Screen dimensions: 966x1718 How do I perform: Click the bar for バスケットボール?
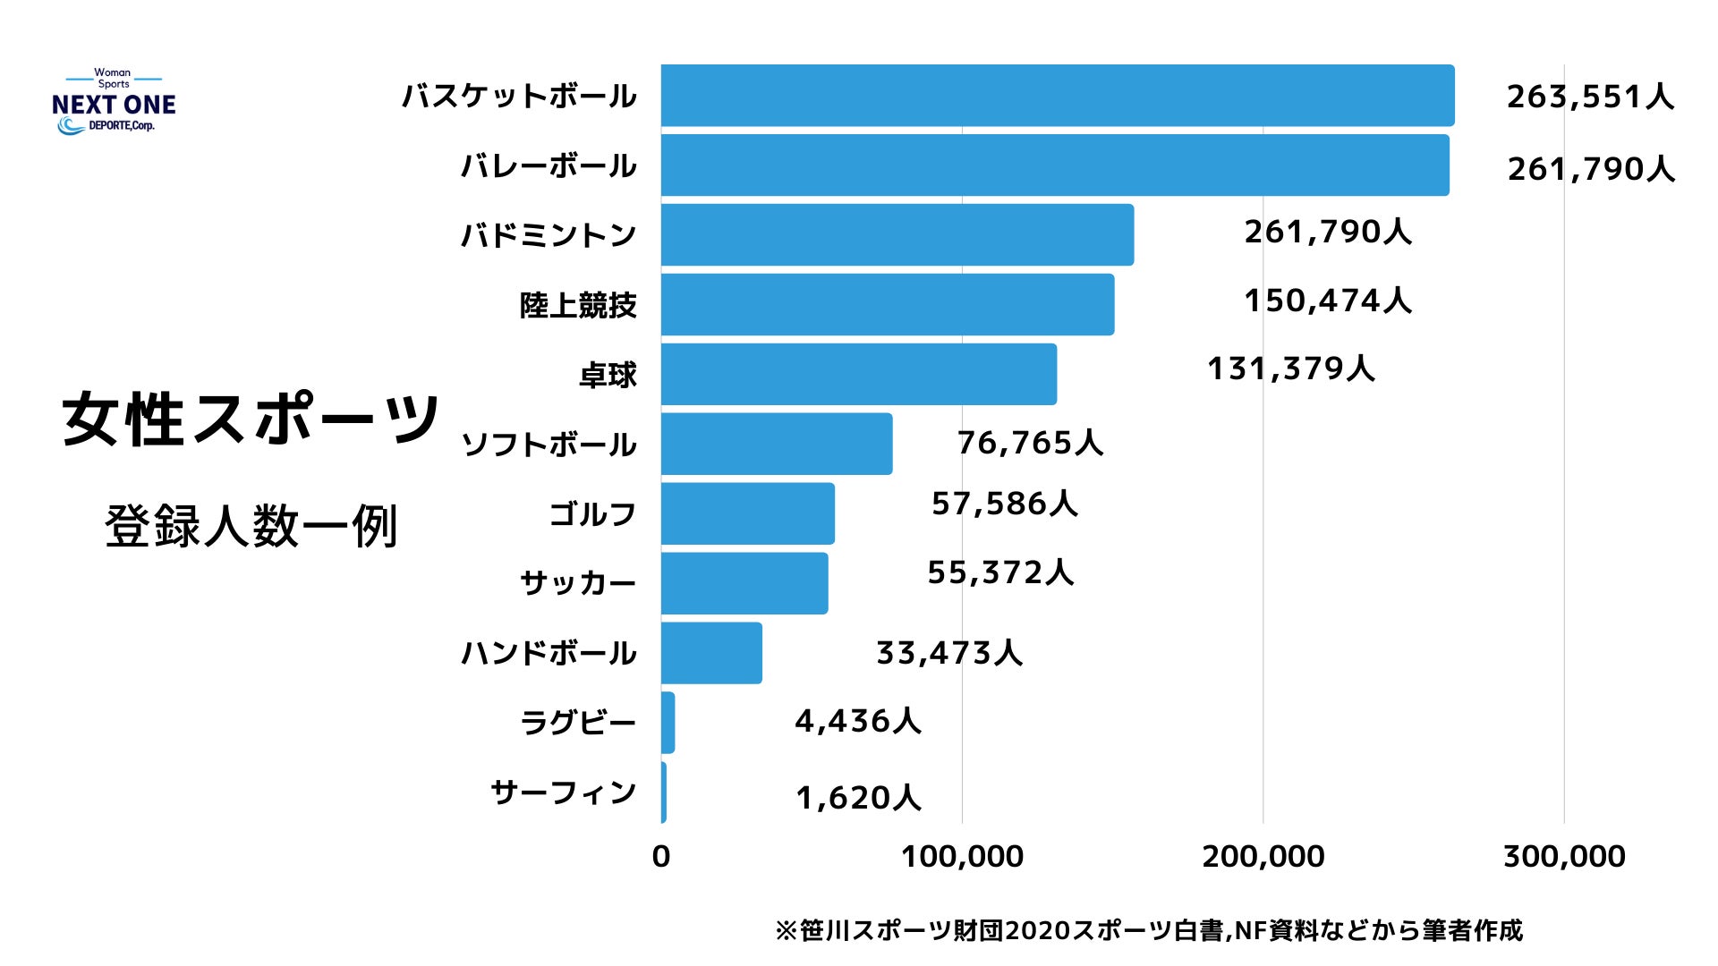coord(1058,96)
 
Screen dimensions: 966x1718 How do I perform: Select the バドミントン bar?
coord(897,235)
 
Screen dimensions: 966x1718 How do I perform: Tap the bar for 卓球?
coord(859,374)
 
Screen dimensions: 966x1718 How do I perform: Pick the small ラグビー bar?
coord(668,722)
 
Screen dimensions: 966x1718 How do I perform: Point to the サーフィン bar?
coord(664,792)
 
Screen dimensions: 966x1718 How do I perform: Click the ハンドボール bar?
coord(711,653)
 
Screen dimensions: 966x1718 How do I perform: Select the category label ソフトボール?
coord(549,445)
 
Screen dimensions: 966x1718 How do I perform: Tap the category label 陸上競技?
coord(578,305)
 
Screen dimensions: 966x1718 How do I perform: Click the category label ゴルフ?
coord(592,514)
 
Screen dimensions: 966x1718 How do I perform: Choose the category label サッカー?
coord(578,583)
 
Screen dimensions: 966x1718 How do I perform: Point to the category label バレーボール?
coord(549,165)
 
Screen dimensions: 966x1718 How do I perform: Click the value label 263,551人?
coord(1590,97)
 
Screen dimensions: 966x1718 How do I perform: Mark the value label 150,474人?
coord(1328,301)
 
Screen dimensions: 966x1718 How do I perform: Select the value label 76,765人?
coord(1030,443)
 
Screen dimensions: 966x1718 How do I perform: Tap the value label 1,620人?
coord(858,797)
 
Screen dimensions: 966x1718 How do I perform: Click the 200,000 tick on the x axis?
coord(1263,856)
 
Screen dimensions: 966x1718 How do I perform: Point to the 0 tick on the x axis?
coord(661,856)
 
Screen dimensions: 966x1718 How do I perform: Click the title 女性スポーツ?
coord(251,419)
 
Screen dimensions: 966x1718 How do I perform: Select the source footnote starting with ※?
coord(1148,931)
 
